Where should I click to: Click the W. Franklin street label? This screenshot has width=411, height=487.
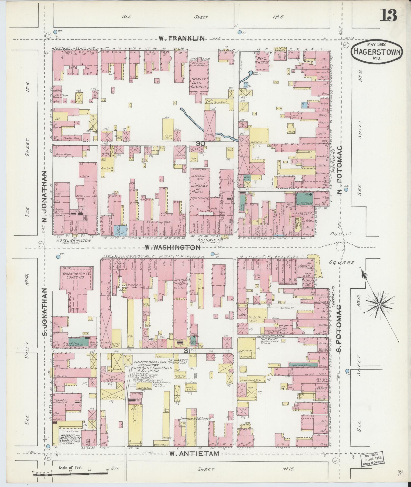click(x=181, y=38)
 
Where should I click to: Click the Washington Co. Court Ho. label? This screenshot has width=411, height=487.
click(x=76, y=275)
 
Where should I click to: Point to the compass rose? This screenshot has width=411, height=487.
click(x=379, y=305)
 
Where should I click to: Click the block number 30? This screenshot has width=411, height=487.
click(x=201, y=144)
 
